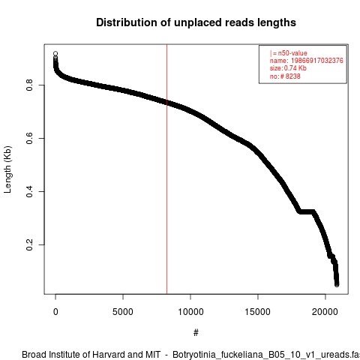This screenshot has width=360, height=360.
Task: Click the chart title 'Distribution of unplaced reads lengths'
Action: (x=196, y=22)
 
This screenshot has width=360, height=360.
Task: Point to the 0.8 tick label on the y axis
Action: (x=29, y=85)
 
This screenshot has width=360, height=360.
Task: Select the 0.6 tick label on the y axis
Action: (x=29, y=138)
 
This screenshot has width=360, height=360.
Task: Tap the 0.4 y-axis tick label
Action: (x=29, y=191)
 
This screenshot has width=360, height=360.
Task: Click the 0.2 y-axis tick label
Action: (x=29, y=244)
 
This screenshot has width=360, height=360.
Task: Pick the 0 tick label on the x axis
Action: (x=55, y=312)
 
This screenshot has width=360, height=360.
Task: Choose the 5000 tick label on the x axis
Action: (x=123, y=312)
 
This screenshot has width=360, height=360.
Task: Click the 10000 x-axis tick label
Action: (x=190, y=312)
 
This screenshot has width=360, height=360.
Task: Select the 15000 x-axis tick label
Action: (x=258, y=312)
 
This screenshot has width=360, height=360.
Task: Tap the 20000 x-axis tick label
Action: (x=325, y=312)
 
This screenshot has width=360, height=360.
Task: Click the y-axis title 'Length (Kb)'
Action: (x=7, y=169)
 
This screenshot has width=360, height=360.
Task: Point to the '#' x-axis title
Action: (x=196, y=333)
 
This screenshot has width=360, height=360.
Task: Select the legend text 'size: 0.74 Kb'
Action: (x=288, y=68)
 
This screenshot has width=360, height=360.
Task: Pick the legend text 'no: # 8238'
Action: (x=285, y=76)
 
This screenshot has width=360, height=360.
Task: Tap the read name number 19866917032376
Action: (x=317, y=61)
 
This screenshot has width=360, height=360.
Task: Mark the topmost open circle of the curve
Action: (x=55, y=53)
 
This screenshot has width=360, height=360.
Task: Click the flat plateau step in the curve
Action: (x=306, y=212)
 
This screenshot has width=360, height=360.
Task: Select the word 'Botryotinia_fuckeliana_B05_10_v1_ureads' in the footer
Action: (x=261, y=355)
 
